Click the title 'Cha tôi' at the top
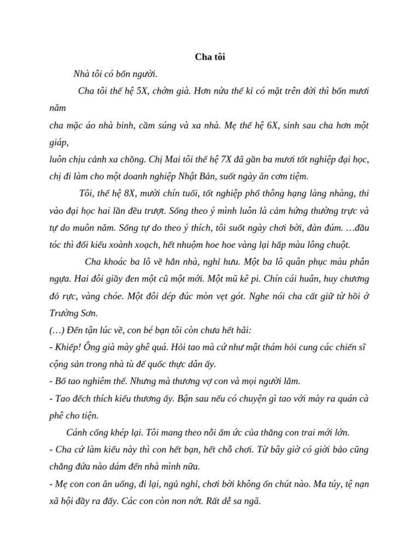click(209, 56)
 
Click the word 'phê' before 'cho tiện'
click(57, 415)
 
